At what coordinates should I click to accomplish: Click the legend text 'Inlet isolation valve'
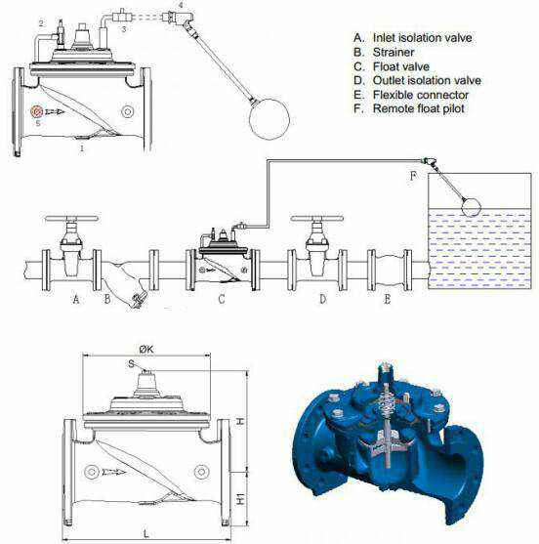(422, 38)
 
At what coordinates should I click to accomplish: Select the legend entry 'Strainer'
(394, 52)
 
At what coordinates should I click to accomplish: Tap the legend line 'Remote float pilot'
(418, 108)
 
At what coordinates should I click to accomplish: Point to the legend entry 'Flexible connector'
(421, 95)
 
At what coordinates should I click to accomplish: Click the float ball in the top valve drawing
(269, 119)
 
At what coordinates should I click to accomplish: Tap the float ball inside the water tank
(471, 206)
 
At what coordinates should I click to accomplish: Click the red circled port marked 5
(37, 111)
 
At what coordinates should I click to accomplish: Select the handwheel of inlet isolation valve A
(72, 219)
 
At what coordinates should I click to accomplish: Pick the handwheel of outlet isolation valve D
(317, 219)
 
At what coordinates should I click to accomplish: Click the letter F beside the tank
(413, 177)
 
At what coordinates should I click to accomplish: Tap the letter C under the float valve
(222, 299)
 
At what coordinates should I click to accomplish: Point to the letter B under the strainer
(107, 299)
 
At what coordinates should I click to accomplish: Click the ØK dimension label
(146, 350)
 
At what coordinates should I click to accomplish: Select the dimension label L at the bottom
(146, 534)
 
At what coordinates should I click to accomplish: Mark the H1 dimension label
(241, 498)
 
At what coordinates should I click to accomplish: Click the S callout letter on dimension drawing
(131, 363)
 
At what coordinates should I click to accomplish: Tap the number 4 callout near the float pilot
(181, 5)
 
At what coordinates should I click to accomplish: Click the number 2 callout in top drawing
(41, 23)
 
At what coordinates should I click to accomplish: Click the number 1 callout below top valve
(82, 148)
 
